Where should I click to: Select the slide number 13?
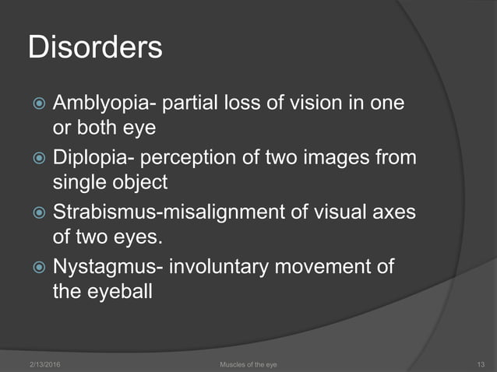point(480,363)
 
